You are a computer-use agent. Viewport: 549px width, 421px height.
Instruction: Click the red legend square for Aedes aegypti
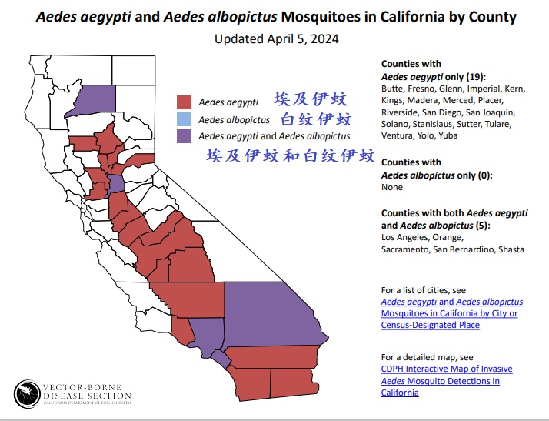(x=183, y=102)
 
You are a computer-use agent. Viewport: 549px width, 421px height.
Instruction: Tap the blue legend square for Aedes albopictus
(x=183, y=119)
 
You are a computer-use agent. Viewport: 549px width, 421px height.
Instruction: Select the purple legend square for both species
(x=183, y=136)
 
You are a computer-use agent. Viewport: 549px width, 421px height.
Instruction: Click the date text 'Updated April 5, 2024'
(x=276, y=38)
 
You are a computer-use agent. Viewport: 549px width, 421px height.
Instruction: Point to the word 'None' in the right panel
(x=392, y=187)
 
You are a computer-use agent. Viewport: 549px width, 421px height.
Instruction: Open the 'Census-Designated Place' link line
(x=430, y=325)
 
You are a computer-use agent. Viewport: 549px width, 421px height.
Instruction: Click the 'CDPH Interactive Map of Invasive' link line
(x=447, y=369)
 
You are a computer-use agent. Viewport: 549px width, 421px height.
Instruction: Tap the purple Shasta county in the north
(x=88, y=101)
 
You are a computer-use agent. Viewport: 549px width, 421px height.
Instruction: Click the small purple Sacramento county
(x=116, y=183)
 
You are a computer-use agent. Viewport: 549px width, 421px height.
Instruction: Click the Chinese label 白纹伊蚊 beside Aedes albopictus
(x=316, y=119)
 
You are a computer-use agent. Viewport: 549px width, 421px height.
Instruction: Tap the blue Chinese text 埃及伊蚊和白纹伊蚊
(x=290, y=155)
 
